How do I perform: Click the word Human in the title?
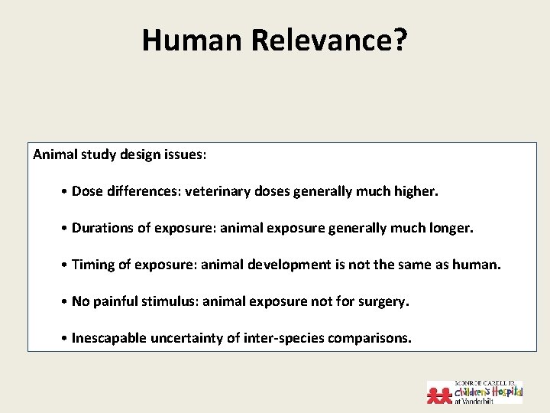(x=192, y=40)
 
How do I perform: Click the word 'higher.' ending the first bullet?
(x=416, y=191)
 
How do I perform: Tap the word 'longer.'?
(x=451, y=228)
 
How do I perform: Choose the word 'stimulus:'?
(x=167, y=301)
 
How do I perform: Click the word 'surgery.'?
(x=383, y=301)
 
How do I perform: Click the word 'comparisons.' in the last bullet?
(x=370, y=338)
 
